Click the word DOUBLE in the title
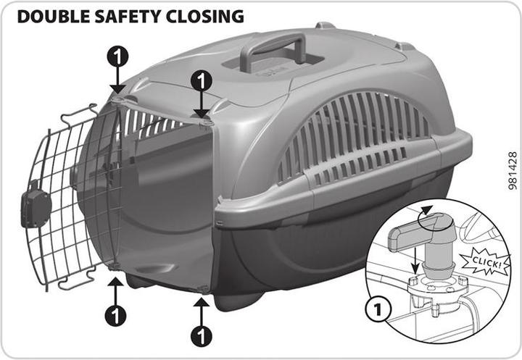pos(53,17)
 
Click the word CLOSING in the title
pos(205,17)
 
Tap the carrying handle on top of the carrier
pos(273,50)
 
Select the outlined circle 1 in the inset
pos(378,309)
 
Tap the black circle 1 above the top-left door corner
pos(117,57)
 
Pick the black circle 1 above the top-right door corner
pos(202,81)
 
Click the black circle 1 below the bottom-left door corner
pos(115,315)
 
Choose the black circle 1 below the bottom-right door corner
pos(202,336)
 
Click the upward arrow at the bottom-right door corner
pos(202,311)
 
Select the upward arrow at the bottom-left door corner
pos(115,291)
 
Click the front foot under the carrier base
pos(238,301)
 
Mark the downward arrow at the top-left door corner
pos(117,80)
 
